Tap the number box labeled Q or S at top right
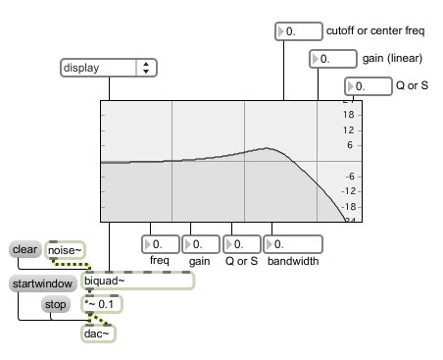coord(369,86)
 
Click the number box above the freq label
coord(160,243)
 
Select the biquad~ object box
coord(137,282)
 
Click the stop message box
coord(55,304)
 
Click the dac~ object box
coord(98,334)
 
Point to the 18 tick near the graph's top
coord(349,114)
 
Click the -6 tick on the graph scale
coord(349,177)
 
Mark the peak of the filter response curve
coord(267,148)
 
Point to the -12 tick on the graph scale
coord(349,192)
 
